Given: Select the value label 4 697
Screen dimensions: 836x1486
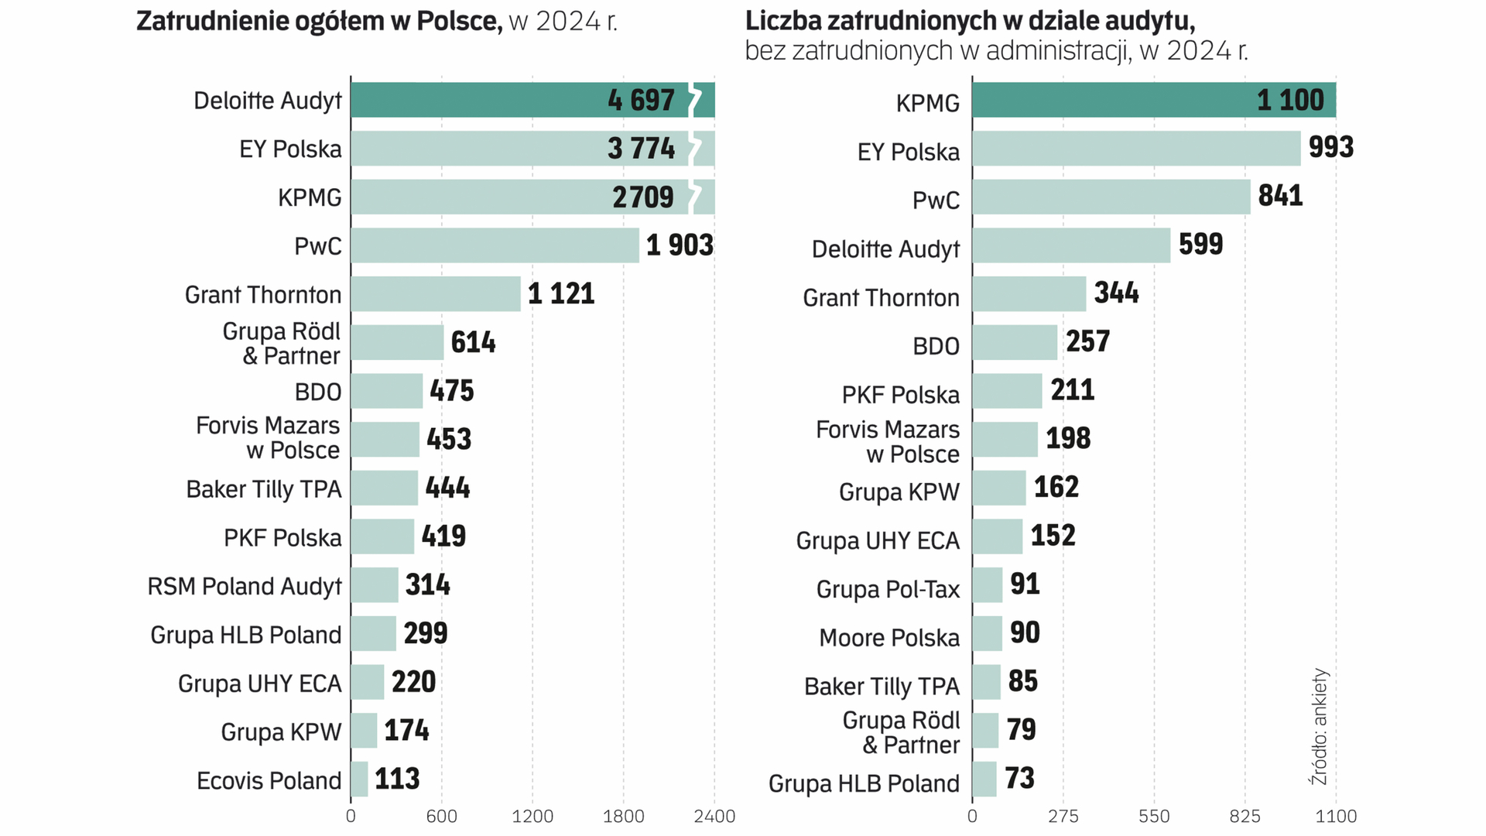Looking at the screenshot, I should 641,100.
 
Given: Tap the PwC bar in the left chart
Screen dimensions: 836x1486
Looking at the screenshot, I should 495,245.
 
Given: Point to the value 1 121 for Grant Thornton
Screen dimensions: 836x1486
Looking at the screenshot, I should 561,294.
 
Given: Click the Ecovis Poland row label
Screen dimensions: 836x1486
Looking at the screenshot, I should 269,780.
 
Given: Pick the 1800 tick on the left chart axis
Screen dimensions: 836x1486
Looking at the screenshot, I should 623,816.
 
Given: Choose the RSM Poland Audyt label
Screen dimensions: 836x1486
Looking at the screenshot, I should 245,586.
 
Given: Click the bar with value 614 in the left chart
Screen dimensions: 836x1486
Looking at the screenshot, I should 397,342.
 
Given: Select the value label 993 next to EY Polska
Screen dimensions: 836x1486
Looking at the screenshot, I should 1330,147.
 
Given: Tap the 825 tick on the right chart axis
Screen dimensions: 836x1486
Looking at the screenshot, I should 1245,816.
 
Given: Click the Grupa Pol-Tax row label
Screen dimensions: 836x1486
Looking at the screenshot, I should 888,589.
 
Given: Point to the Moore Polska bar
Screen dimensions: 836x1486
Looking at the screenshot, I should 987,633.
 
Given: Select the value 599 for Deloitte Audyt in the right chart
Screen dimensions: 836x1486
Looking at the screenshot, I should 1200,245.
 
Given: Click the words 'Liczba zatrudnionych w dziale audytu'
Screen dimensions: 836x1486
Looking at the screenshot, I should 959,21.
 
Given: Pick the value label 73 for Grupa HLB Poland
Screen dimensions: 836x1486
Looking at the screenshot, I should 1019,778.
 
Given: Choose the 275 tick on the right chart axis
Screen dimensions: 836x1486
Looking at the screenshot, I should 1063,816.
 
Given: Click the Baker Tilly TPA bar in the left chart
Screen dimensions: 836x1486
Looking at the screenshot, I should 384,488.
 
